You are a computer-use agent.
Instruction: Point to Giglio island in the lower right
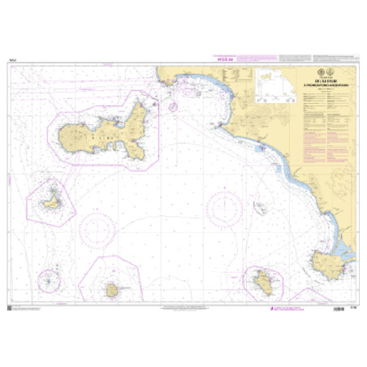pyautogui.click(x=263, y=281)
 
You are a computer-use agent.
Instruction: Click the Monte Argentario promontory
pyautogui.click(x=332, y=261)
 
